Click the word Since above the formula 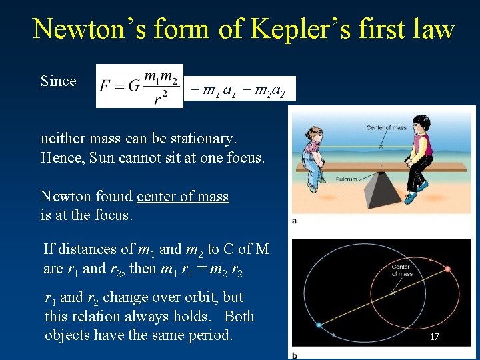click(59, 81)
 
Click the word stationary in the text click(199, 139)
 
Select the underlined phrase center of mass click(183, 197)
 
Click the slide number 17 click(434, 337)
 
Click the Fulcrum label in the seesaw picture click(347, 180)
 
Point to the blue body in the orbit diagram click(319, 325)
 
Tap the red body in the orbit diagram click(447, 269)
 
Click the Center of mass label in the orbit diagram click(401, 269)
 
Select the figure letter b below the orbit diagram click(295, 355)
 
